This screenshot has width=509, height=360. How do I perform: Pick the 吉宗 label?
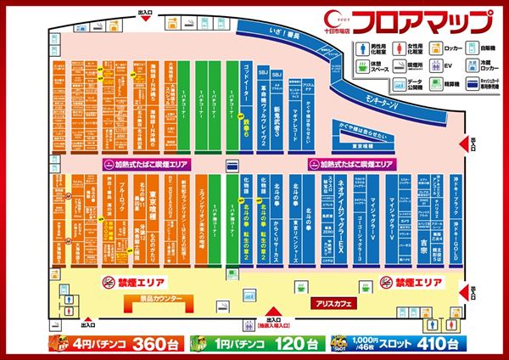click(422, 241)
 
